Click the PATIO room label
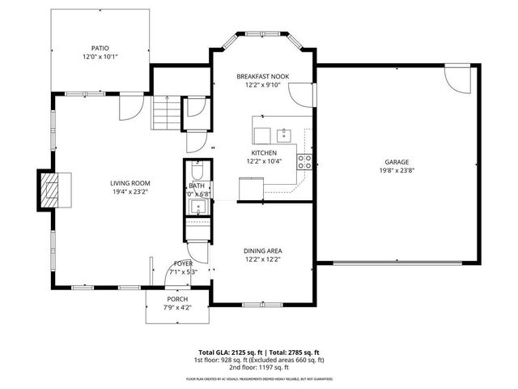[x=100, y=48]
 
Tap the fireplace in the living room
[x=51, y=190]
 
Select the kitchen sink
[x=284, y=135]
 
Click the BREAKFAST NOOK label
[x=263, y=76]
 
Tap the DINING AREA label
[x=263, y=251]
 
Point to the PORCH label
[x=177, y=299]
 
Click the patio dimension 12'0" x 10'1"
[x=100, y=58]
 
